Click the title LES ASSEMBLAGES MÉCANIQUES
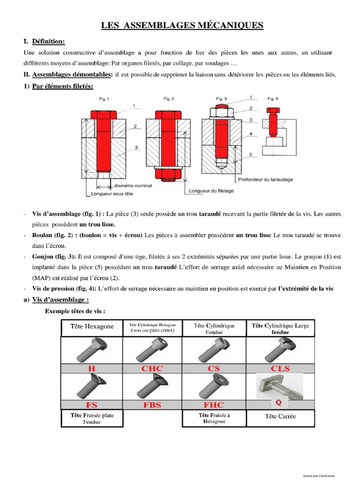click(x=182, y=25)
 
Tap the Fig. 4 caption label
click(x=272, y=98)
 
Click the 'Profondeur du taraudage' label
click(x=267, y=178)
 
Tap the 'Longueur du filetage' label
click(x=211, y=191)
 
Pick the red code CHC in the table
click(x=152, y=368)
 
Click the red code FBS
click(x=152, y=405)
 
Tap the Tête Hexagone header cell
click(x=91, y=326)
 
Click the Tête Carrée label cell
click(x=280, y=416)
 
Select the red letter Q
click(x=278, y=402)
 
